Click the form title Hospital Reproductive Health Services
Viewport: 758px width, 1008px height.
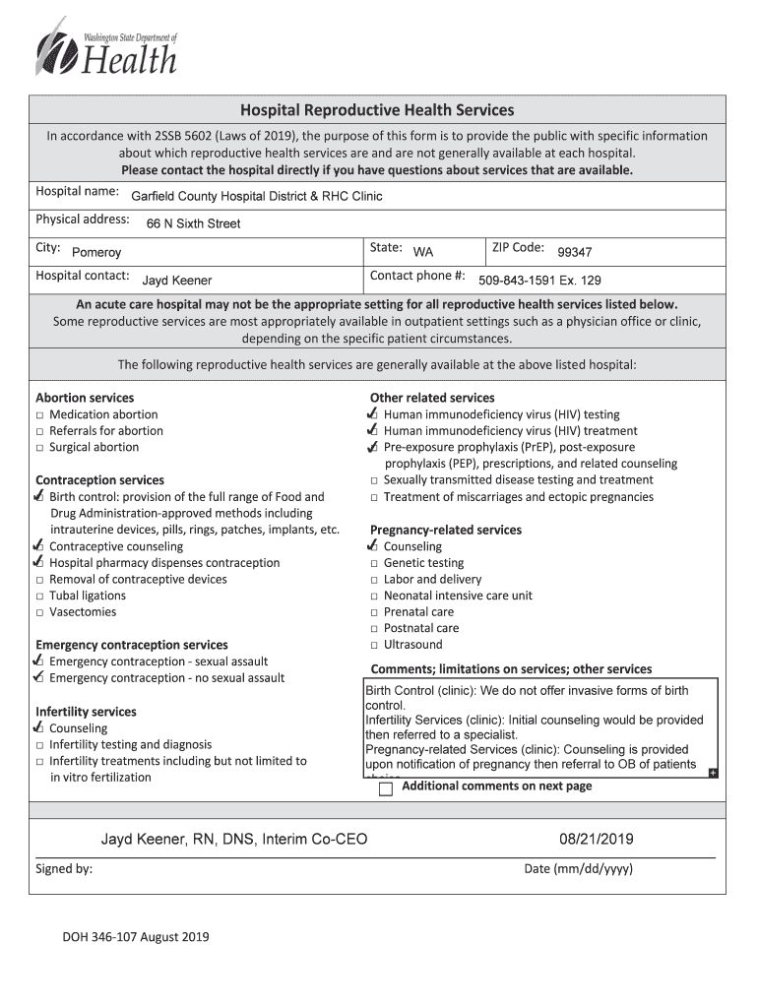(378, 110)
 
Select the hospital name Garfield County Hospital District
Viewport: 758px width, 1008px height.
(256, 196)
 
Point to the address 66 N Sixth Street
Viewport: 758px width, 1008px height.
(193, 223)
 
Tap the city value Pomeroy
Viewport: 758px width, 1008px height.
(96, 252)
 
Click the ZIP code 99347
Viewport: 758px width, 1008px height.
(574, 251)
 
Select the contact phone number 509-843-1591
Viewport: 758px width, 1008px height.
(539, 280)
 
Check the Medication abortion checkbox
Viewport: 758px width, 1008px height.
(40, 415)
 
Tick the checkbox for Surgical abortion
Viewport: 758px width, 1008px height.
(40, 448)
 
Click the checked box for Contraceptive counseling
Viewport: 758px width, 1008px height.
(39, 546)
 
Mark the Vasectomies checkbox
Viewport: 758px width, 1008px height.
(40, 612)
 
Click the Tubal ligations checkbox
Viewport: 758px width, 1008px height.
(40, 597)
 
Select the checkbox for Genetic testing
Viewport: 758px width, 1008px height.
(375, 564)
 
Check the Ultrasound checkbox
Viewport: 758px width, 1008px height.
(375, 646)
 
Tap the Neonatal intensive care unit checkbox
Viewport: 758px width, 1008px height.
(375, 597)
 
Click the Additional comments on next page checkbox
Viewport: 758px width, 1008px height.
(386, 788)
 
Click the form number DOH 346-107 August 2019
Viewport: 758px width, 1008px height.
(136, 937)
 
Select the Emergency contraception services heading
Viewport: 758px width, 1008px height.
(131, 645)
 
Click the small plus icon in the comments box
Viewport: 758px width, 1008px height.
(713, 773)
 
